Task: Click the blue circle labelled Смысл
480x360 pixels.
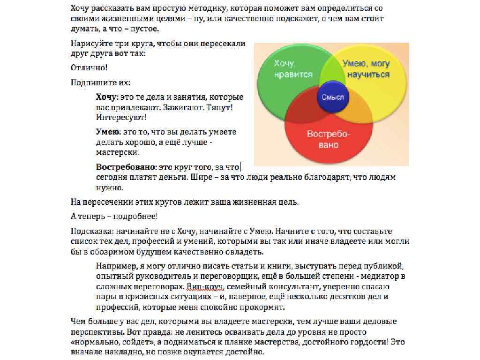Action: pyautogui.click(x=333, y=97)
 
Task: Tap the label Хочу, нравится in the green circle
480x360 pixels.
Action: pyautogui.click(x=293, y=69)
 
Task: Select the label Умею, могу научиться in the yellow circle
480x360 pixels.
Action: pyautogui.click(x=366, y=69)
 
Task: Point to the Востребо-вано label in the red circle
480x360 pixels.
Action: pyautogui.click(x=329, y=139)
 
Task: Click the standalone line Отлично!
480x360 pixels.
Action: pyautogui.click(x=89, y=68)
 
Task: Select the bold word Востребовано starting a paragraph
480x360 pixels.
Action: pyautogui.click(x=126, y=166)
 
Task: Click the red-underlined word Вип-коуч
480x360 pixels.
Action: pyautogui.click(x=203, y=286)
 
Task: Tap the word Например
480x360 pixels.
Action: pyautogui.click(x=113, y=266)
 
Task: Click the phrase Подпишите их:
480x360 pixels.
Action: pyautogui.click(x=100, y=83)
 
